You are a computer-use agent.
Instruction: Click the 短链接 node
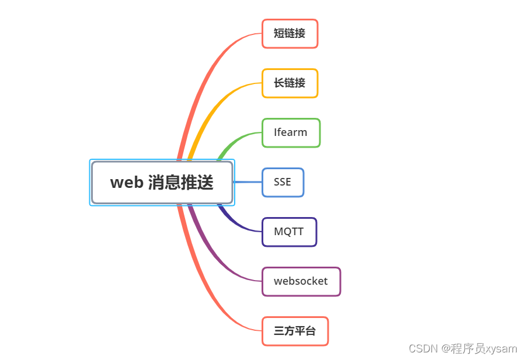[290, 34]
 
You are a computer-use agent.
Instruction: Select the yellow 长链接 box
[290, 83]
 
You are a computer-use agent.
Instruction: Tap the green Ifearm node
[291, 133]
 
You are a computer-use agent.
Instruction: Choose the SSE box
[283, 182]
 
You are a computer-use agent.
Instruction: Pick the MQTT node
[289, 232]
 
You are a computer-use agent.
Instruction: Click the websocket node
[301, 281]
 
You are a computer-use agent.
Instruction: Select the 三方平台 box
[295, 331]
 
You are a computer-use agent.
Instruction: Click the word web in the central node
[127, 183]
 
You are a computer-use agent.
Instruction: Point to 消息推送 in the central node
[180, 183]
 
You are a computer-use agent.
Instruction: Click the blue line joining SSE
[248, 182]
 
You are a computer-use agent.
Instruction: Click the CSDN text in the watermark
[423, 349]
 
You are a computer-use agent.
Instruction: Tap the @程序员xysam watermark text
[479, 349]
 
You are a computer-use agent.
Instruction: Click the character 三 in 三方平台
[279, 331]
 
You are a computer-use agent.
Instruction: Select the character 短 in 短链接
[279, 34]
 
